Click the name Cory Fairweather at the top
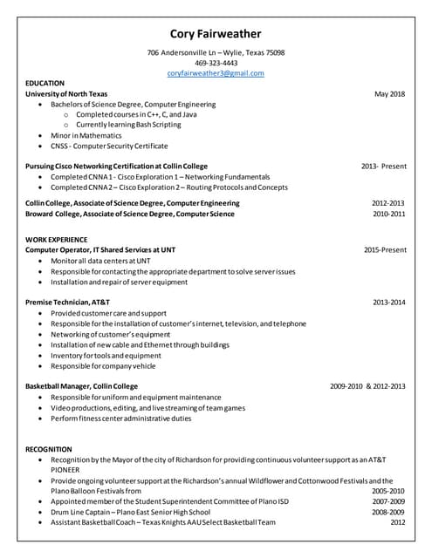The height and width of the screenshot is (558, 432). coord(216,34)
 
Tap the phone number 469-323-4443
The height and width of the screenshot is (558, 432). coord(216,63)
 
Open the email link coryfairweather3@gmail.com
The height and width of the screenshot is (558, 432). coord(216,73)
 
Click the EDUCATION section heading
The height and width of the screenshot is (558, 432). coord(45,84)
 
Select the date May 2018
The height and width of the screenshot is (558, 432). coord(389,93)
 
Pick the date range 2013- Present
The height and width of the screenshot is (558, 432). coord(384,165)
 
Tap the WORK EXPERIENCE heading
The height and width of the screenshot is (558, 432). coord(57,239)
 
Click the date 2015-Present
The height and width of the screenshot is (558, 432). coord(385,249)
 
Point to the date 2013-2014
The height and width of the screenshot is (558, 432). coord(389,302)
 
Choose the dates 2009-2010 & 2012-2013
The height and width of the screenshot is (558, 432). coord(367,385)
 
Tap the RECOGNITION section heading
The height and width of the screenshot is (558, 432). coord(49,449)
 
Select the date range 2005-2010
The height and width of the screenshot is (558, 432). coord(388,491)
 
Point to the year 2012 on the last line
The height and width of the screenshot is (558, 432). coord(398,522)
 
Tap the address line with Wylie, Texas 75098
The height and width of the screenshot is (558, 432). coord(216,52)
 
